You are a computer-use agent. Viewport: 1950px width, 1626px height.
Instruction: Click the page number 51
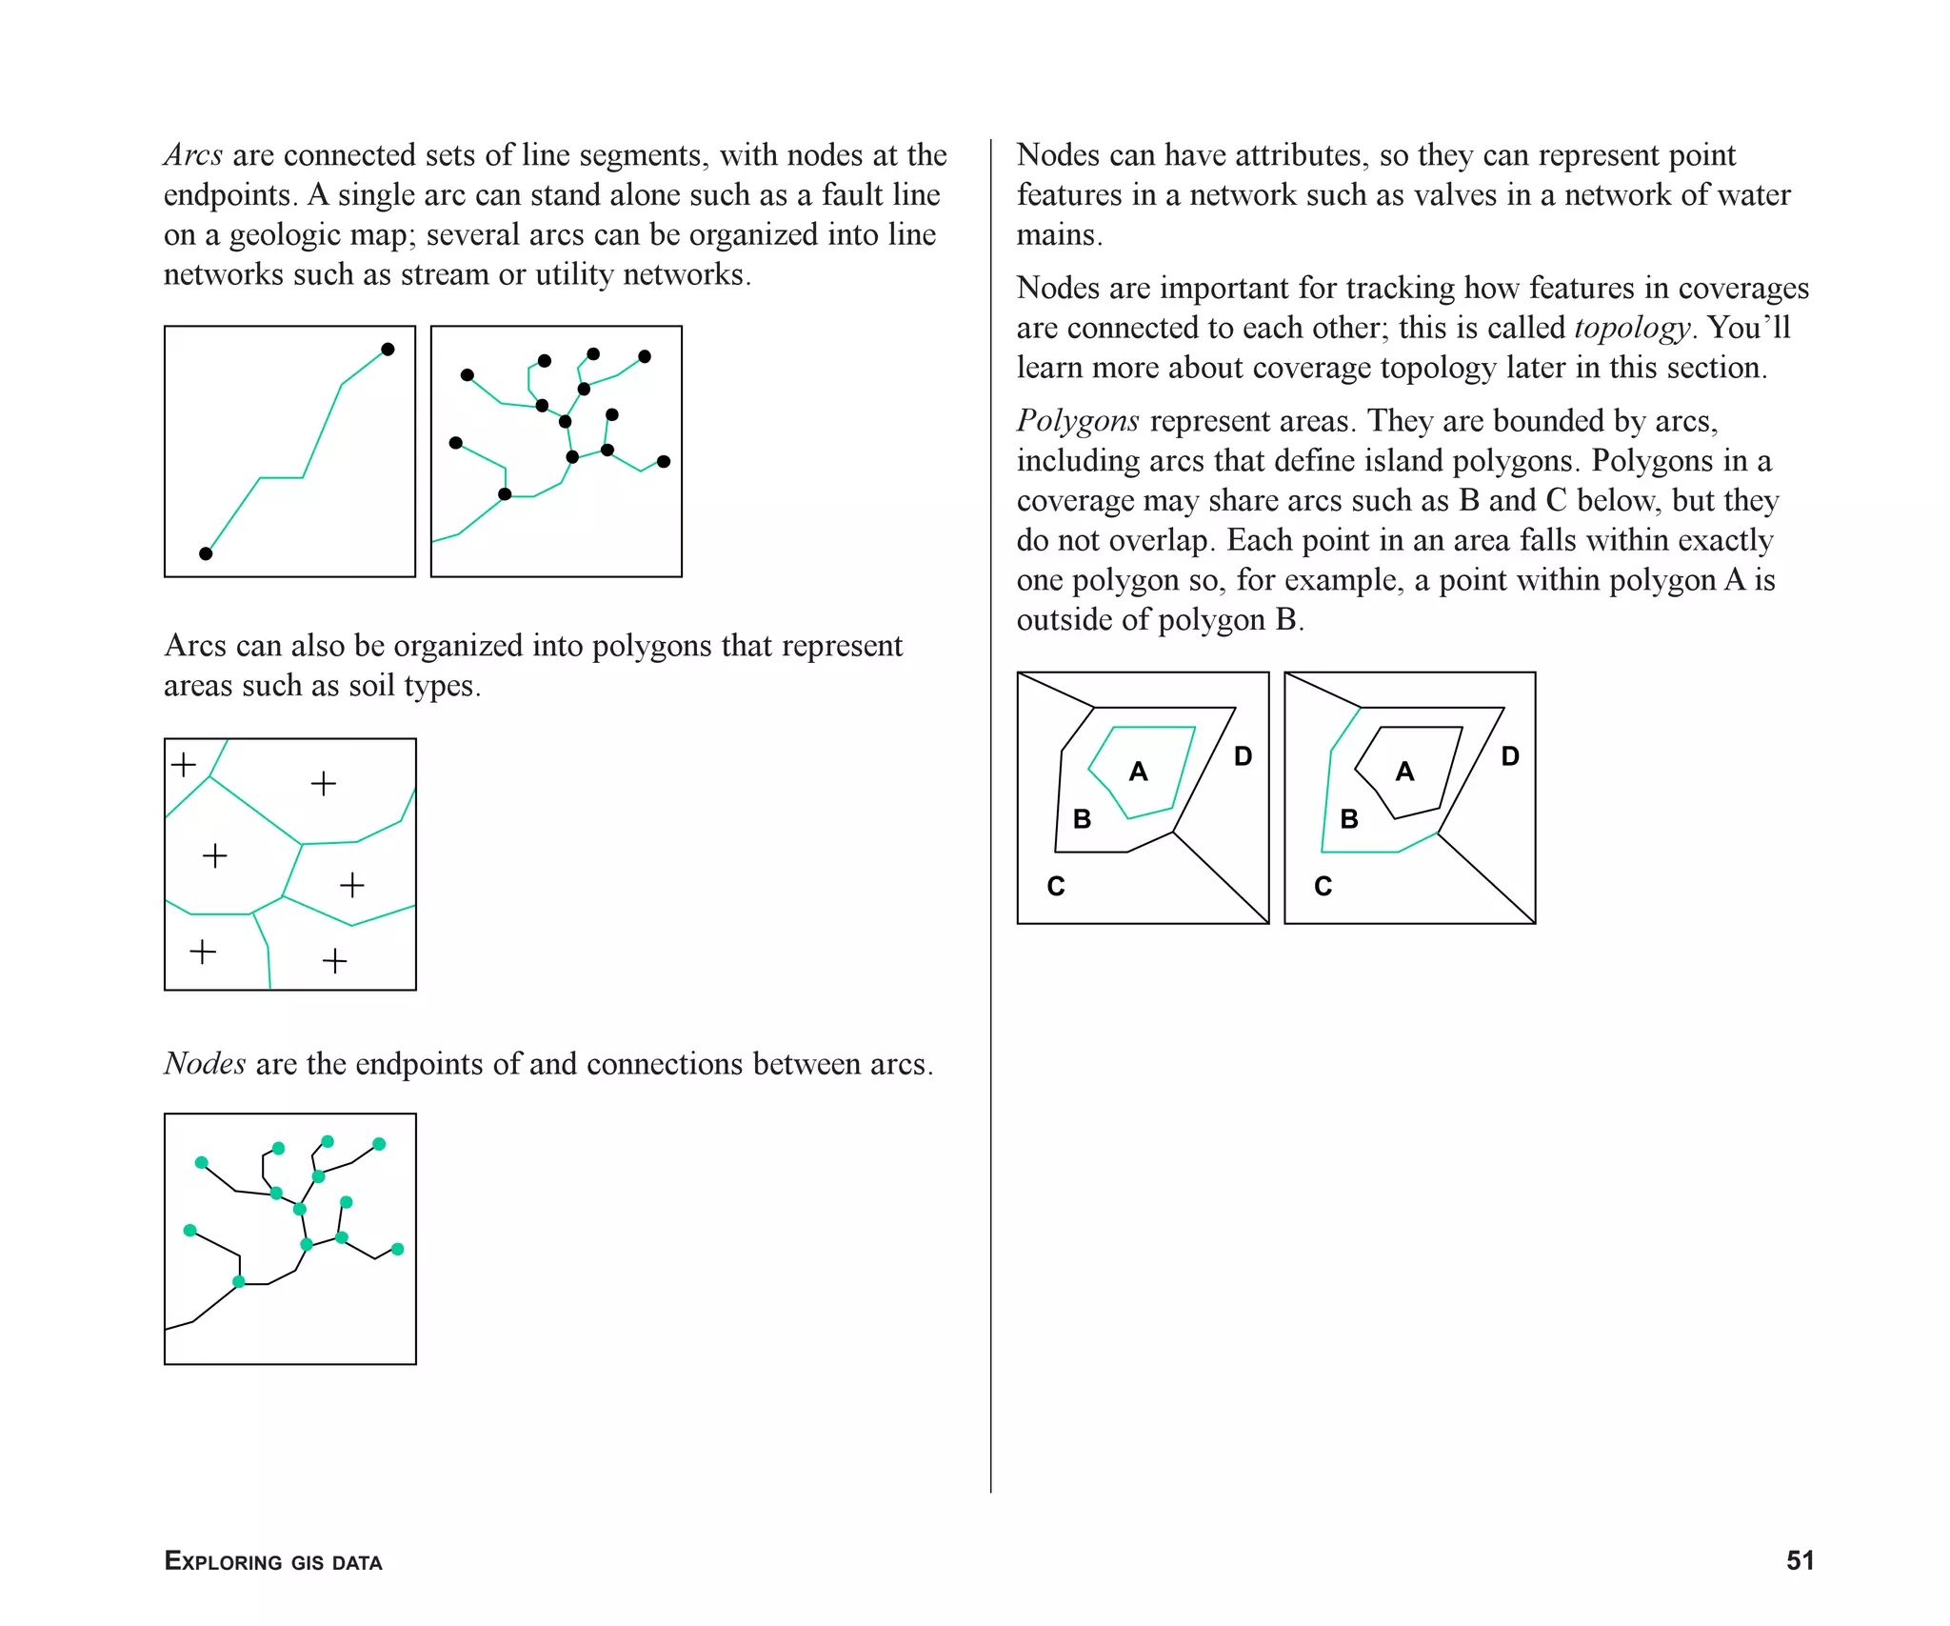click(x=1800, y=1560)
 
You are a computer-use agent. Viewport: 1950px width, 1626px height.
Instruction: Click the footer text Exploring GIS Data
click(x=273, y=1561)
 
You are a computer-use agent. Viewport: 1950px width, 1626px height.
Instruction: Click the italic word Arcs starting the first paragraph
click(x=193, y=154)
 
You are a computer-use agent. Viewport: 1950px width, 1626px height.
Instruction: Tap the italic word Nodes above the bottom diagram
click(x=205, y=1063)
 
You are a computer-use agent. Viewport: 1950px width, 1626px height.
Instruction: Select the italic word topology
click(x=1632, y=328)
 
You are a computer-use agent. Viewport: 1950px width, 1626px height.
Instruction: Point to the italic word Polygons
click(x=1078, y=421)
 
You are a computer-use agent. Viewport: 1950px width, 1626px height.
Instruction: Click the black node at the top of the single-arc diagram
click(x=388, y=350)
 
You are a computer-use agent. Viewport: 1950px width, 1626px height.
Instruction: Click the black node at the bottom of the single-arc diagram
click(x=206, y=553)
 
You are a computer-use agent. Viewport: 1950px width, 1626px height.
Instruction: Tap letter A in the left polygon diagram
click(x=1138, y=772)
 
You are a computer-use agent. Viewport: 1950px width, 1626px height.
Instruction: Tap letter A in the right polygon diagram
click(x=1404, y=772)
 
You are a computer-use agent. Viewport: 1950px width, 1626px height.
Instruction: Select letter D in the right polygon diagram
click(x=1510, y=756)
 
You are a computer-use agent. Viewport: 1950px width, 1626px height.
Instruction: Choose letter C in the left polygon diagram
click(x=1056, y=886)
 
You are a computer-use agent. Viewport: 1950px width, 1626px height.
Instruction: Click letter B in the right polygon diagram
click(x=1349, y=819)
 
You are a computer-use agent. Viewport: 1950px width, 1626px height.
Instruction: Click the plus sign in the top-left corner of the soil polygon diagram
click(x=184, y=764)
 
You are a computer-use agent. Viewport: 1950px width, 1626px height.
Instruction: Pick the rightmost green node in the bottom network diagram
click(x=398, y=1249)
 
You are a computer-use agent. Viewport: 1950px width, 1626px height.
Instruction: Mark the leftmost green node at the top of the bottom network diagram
click(x=201, y=1162)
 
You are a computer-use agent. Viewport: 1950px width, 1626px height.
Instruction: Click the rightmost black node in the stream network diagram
click(x=664, y=462)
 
